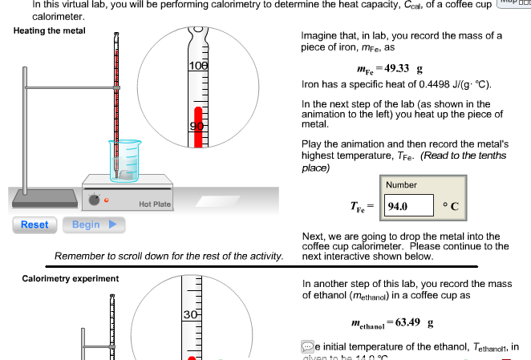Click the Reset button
(34, 224)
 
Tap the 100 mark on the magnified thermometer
(197, 64)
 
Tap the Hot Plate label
(155, 204)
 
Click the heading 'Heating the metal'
(50, 30)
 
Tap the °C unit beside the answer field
(450, 206)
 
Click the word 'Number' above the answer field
(401, 185)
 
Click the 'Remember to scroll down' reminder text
(168, 256)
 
